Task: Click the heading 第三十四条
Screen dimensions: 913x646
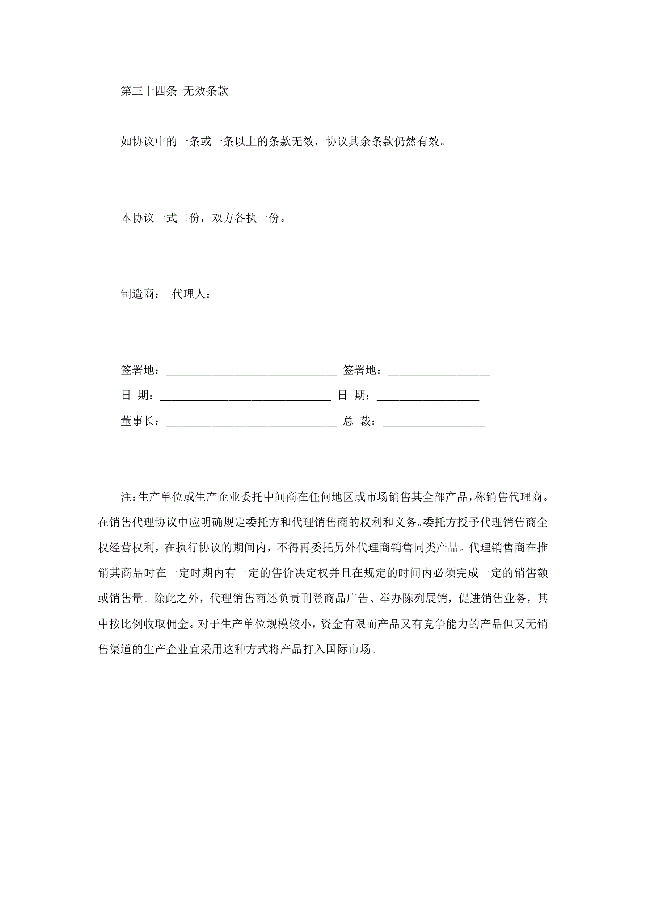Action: pos(149,91)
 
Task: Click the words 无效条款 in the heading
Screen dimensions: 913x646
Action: pos(206,91)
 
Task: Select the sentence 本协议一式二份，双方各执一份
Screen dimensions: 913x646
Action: pos(203,218)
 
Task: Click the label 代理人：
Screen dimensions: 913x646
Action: pos(191,294)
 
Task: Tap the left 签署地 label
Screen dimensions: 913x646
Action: pos(140,370)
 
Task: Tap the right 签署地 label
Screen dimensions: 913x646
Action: pos(362,370)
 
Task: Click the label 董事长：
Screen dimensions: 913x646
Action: pos(140,421)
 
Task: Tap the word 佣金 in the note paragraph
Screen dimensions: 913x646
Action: pos(177,624)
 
